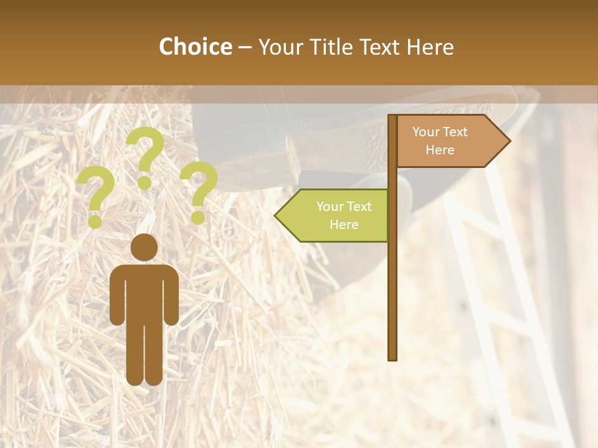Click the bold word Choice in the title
point(195,47)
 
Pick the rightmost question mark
point(199,191)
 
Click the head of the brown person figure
point(145,247)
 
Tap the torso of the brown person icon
point(145,292)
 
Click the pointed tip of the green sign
point(277,215)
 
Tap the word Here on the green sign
point(344,225)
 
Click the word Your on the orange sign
point(427,132)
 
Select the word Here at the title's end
point(430,47)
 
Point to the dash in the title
point(245,47)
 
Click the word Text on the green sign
point(359,207)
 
